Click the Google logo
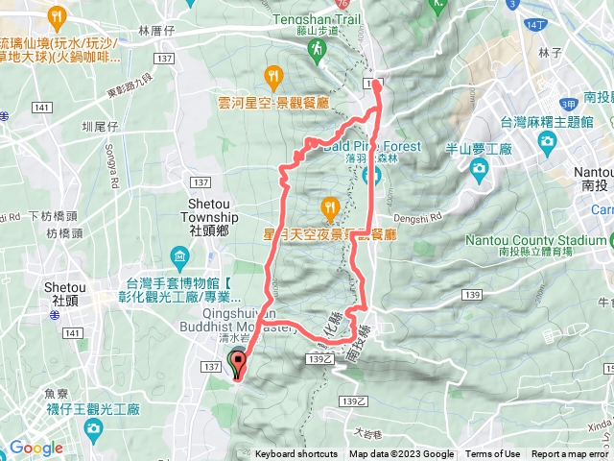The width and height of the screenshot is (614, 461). click(x=36, y=448)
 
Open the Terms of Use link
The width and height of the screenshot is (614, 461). click(x=493, y=454)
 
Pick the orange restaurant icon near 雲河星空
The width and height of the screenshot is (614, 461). click(x=273, y=75)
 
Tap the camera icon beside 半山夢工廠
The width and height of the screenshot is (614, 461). click(x=479, y=170)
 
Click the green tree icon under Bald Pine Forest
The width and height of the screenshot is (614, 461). click(x=373, y=175)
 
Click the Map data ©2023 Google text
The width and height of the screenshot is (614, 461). click(x=401, y=454)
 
